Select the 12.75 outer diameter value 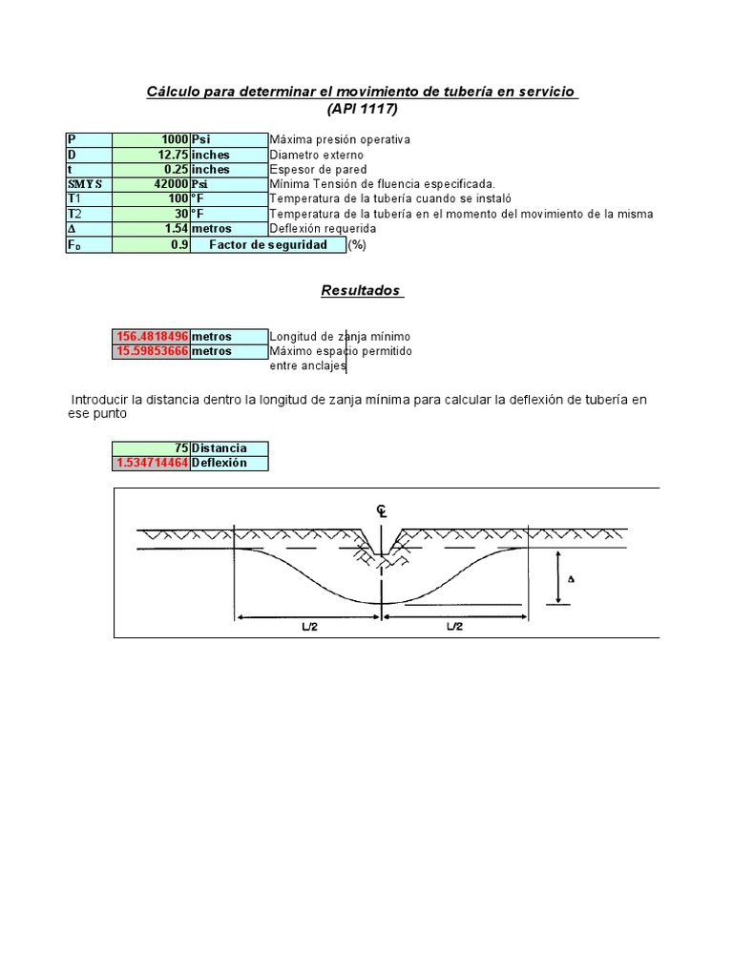169,155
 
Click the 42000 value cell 166,184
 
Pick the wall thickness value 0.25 173,169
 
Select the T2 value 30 179,214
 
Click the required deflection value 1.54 173,229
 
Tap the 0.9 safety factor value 178,244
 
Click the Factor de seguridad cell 267,244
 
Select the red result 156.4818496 152,337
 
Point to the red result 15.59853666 152,351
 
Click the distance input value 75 180,448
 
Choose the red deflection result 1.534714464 152,463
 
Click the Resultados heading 361,291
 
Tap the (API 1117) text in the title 362,109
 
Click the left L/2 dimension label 307,626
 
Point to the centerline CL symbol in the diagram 382,512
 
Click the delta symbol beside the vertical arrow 572,579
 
